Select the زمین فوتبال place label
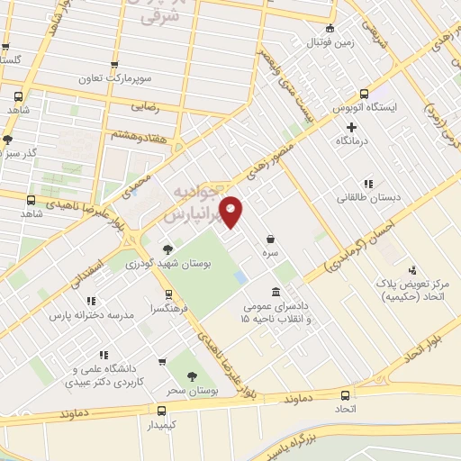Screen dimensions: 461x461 click(330, 42)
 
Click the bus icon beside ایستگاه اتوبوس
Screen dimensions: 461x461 click(364, 93)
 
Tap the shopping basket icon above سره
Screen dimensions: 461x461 click(271, 239)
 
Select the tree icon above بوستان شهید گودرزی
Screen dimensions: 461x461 click(167, 249)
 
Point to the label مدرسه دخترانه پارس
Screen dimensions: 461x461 click(91, 316)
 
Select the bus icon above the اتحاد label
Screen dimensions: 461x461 click(347, 394)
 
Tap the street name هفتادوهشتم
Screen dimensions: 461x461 click(139, 133)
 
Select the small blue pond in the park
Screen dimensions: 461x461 click(239, 276)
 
